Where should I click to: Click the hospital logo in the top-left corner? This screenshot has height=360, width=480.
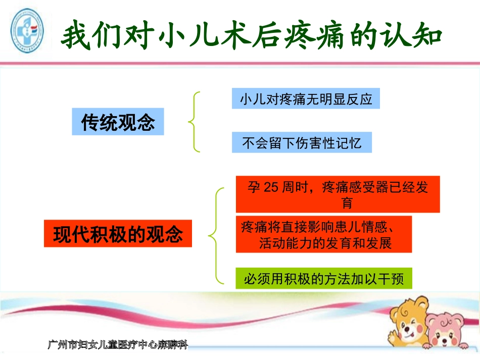(27, 31)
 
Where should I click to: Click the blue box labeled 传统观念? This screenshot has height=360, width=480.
(118, 121)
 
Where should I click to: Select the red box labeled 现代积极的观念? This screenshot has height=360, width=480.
(118, 233)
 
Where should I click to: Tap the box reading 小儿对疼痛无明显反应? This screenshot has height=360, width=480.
(306, 99)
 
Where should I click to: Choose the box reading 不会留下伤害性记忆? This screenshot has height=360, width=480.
(302, 142)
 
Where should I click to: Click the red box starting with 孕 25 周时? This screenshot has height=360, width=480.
(338, 194)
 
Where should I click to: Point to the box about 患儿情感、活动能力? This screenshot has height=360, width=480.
(324, 234)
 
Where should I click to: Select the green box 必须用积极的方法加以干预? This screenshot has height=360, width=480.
(324, 278)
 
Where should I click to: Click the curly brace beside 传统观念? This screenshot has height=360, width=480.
(194, 121)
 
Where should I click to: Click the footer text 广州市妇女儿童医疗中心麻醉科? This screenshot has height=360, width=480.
(118, 345)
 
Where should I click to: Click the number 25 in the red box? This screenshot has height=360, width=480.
(271, 187)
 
